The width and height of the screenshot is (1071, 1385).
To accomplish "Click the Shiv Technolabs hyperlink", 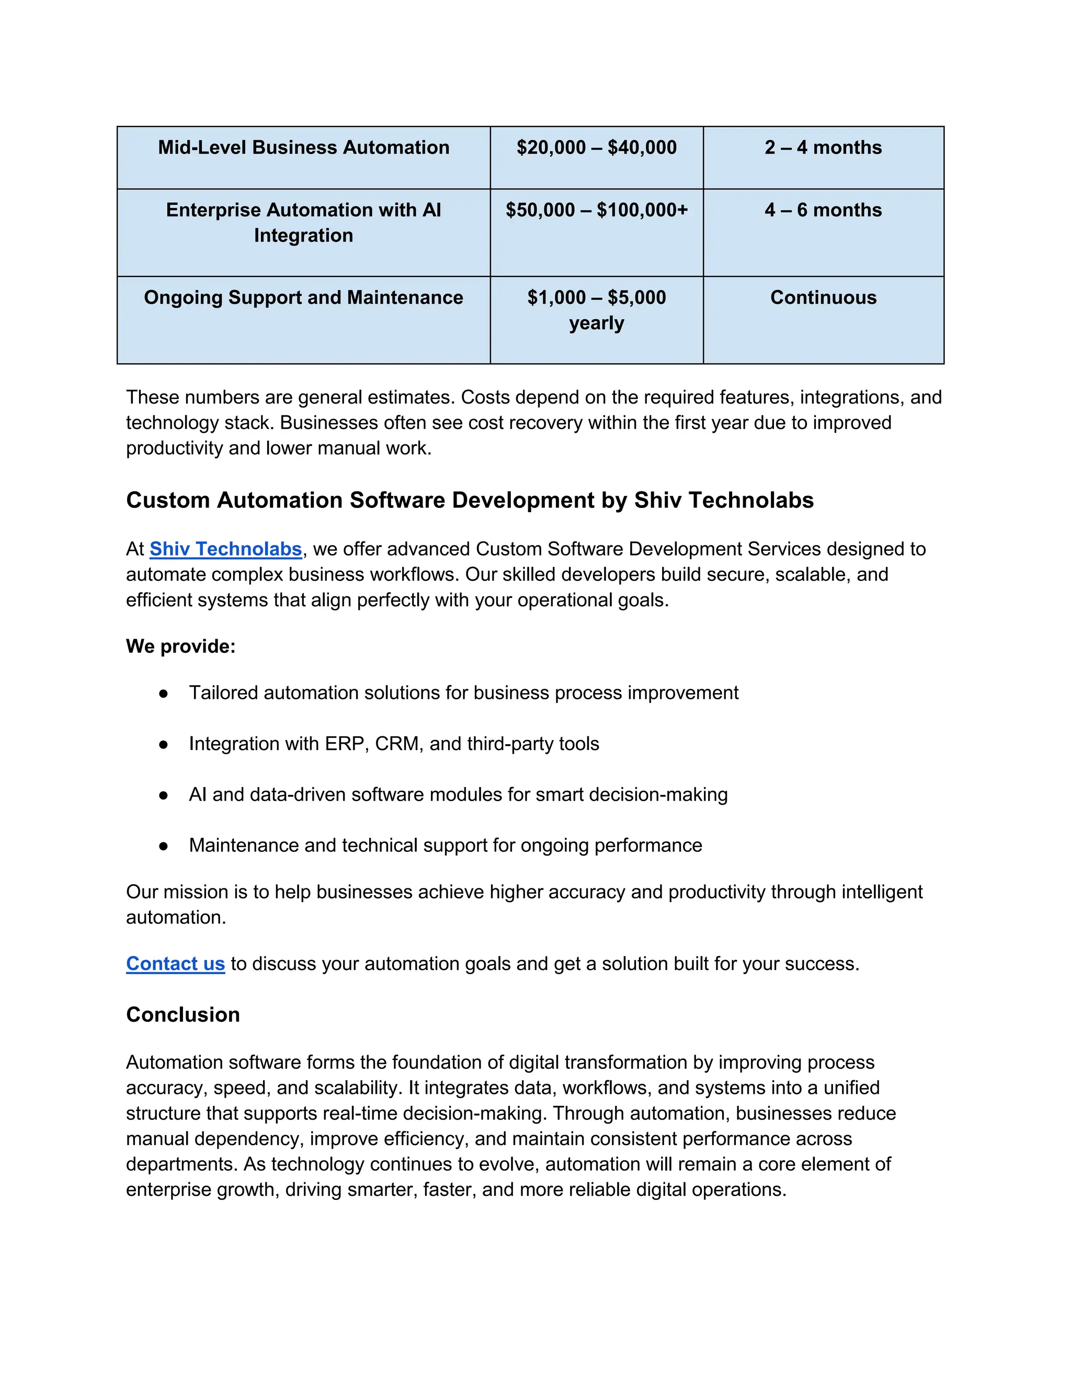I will [225, 549].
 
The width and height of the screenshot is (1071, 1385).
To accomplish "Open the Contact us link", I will [175, 963].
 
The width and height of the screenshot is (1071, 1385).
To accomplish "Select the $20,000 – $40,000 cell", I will [596, 148].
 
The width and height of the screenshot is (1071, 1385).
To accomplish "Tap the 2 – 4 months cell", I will [823, 148].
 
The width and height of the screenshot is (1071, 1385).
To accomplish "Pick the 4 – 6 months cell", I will [823, 210].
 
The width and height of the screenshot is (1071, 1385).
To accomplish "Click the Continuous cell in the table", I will [823, 297].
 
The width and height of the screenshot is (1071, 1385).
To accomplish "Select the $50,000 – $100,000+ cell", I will [596, 210].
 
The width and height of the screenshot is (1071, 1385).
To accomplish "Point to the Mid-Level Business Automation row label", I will [303, 148].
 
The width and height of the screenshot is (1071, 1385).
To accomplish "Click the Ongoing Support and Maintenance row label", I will [303, 297].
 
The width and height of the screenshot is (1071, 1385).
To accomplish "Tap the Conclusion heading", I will [183, 1014].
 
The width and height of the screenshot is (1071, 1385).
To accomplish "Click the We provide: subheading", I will [180, 646].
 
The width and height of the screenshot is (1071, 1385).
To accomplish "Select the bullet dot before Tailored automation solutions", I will [164, 694].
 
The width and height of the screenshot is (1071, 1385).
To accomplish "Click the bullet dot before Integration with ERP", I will [164, 744].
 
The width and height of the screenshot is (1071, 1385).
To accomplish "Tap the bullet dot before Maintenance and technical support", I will [164, 846].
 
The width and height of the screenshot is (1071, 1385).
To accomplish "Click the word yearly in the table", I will [596, 324].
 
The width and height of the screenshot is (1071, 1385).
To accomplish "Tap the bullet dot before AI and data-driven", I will [164, 795].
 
